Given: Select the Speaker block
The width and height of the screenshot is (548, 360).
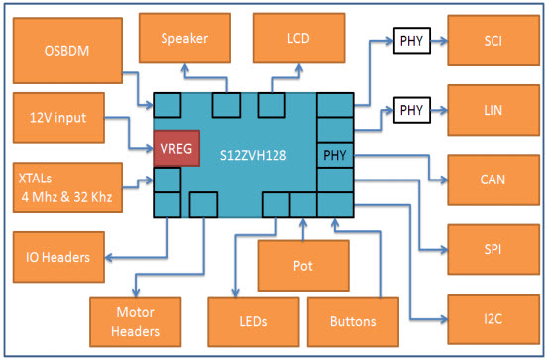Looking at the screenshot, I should (185, 39).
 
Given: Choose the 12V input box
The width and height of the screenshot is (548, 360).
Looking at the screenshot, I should (58, 118).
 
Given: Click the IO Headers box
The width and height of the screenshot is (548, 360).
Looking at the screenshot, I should (58, 257).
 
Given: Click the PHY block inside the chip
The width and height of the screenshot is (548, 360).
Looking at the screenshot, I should (335, 155).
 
